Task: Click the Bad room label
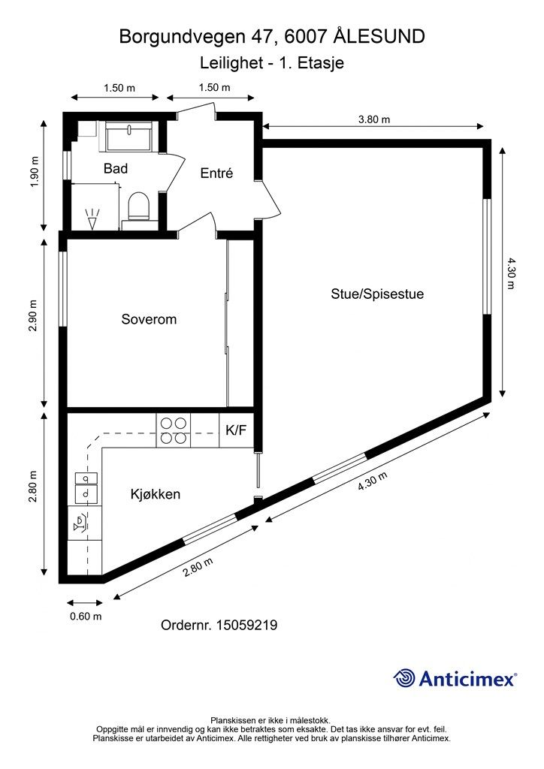[x=115, y=169]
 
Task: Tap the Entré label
[x=216, y=173]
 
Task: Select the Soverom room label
[x=149, y=319]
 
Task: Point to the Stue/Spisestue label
[x=377, y=294]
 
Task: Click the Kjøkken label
[x=155, y=494]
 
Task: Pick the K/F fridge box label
[x=236, y=430]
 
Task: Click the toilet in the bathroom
[x=138, y=206]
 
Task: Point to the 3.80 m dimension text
[x=373, y=119]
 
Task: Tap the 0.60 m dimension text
[x=85, y=617]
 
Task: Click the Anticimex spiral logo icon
[x=404, y=678]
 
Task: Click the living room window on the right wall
[x=487, y=256]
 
